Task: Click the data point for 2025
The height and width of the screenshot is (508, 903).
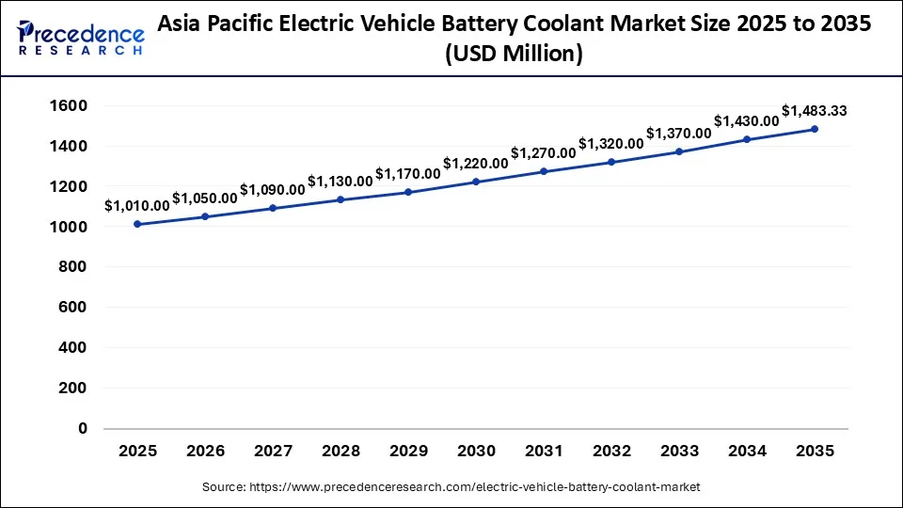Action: [137, 224]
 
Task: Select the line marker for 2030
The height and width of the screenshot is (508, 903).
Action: [476, 182]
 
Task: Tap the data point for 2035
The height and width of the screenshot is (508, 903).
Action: [815, 129]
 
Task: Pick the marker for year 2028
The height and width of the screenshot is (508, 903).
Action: [341, 199]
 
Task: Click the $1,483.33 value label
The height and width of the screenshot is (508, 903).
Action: [815, 111]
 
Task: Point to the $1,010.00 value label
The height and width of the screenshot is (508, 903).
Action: [137, 205]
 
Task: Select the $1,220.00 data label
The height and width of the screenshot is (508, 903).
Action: [476, 163]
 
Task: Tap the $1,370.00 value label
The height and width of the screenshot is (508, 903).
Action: [679, 133]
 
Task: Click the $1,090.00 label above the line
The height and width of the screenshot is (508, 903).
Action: [273, 189]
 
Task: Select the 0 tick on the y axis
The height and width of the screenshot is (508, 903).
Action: [82, 428]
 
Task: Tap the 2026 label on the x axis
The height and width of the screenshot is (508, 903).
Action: [205, 452]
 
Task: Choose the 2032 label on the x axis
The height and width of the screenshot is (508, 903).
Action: [611, 452]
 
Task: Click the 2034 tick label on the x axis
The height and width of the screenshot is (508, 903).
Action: [747, 452]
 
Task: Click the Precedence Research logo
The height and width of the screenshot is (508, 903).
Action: [81, 39]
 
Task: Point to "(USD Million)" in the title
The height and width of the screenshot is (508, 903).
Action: [515, 56]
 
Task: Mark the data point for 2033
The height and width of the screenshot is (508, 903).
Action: [679, 151]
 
